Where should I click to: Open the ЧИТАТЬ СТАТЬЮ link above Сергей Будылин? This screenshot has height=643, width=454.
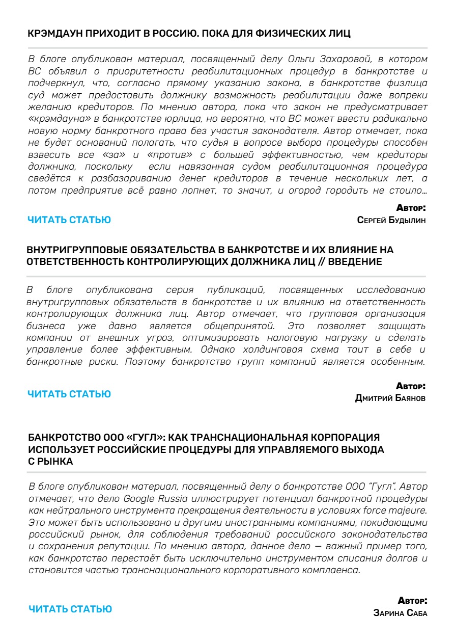click(x=69, y=220)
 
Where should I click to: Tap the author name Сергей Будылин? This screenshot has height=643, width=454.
click(x=392, y=220)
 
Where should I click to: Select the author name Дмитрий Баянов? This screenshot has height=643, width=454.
click(x=390, y=398)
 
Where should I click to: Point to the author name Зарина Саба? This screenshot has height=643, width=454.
click(x=400, y=613)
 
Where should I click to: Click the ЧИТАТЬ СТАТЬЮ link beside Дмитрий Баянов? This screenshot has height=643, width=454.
click(x=69, y=394)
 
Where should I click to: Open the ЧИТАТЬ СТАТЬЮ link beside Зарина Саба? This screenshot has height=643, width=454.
click(x=70, y=609)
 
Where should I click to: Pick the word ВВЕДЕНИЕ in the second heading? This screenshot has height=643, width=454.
click(x=355, y=261)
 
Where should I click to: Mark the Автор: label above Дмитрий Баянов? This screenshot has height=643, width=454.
click(x=411, y=387)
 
